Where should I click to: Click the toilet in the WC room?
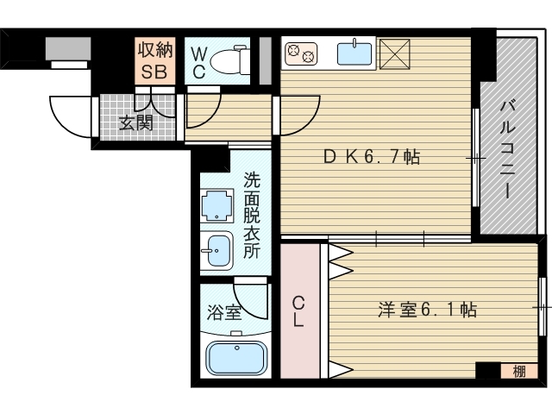228,60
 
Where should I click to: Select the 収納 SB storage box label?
154,60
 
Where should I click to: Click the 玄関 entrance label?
135,122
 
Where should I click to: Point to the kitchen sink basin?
354,54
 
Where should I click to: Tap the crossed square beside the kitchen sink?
396,53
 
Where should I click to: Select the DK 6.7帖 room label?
371,158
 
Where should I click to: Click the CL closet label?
298,311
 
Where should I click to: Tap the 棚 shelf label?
517,372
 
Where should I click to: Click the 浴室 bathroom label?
222,312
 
